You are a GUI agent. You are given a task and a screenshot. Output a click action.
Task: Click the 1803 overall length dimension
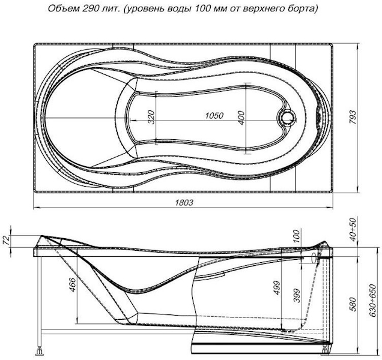184,203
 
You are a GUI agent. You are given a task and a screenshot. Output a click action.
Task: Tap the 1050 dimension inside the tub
213,116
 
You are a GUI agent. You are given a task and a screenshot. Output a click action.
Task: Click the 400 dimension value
241,117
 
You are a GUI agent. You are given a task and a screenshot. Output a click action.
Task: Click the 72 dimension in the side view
7,241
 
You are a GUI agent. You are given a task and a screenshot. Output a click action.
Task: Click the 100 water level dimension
296,236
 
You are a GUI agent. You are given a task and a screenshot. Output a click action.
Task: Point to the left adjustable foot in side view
41,348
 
